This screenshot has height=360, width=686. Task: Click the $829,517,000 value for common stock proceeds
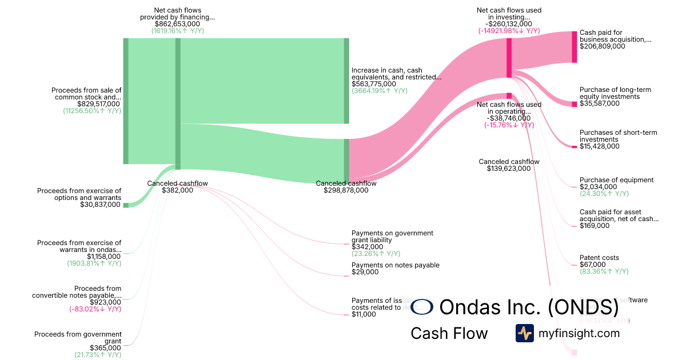coord(98,104)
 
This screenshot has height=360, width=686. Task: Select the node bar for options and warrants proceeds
coord(126,205)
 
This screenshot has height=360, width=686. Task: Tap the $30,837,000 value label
coord(101,205)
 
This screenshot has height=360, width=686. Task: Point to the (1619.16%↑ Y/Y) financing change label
coord(177,31)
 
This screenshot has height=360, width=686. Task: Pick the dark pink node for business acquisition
coord(574,47)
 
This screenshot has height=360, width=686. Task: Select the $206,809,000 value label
coord(602,47)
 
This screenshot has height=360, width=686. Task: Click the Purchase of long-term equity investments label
coord(615,93)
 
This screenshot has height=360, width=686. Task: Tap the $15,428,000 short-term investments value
coord(599,146)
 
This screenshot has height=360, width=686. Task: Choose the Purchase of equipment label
coord(616,180)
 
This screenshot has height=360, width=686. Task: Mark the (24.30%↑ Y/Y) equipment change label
coord(604,194)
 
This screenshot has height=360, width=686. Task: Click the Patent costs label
coord(599,258)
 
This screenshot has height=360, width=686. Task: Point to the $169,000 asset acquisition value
coord(595,226)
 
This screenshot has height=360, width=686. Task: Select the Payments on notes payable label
coord(396,265)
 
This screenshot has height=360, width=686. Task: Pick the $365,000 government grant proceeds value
coord(105,347)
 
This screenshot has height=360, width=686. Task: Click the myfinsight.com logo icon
coord(524,333)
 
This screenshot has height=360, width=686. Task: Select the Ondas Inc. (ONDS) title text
coord(529,307)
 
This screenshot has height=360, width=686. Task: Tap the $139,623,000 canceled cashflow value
coord(509,169)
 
